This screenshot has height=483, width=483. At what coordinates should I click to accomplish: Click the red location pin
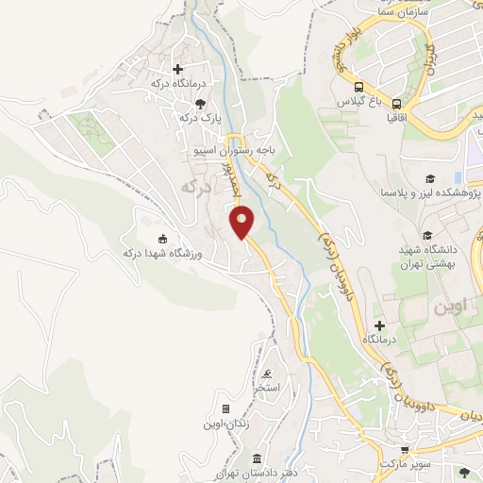click(x=243, y=224)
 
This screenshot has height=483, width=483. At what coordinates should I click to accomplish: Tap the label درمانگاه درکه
click(x=173, y=84)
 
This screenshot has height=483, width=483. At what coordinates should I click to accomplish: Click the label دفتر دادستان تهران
click(x=258, y=471)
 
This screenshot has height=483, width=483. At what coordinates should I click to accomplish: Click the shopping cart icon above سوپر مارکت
click(x=405, y=451)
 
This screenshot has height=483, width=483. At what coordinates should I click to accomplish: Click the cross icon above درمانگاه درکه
click(x=176, y=68)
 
